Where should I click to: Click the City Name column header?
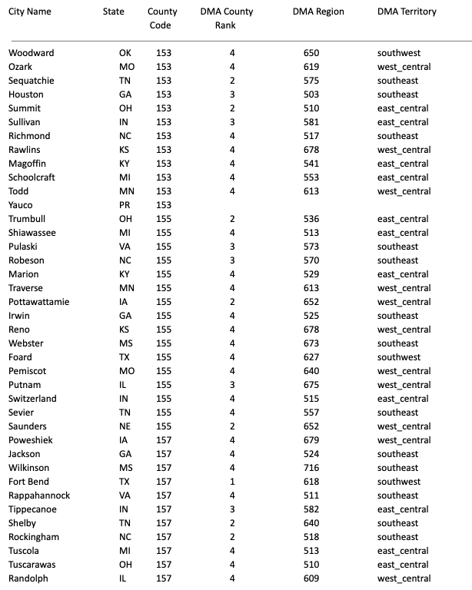tap(30, 12)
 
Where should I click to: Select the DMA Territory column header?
tap(407, 12)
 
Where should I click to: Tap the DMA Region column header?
tap(318, 12)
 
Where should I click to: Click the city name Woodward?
tap(32, 53)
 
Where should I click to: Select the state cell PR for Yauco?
tap(125, 205)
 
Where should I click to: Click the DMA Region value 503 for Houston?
tap(311, 94)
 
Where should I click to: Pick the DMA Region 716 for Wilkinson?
tap(311, 468)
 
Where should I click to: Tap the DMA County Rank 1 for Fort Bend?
tap(231, 482)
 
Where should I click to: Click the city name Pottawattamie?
tap(38, 302)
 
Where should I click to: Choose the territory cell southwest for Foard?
tap(398, 357)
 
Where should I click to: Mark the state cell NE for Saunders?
tap(125, 426)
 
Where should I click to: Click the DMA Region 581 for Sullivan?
tap(311, 122)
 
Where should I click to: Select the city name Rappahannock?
tap(39, 496)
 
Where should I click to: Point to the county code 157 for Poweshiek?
tap(164, 440)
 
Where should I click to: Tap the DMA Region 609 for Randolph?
tap(311, 578)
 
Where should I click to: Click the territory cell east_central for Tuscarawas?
tap(403, 565)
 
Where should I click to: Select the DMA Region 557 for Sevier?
tap(311, 413)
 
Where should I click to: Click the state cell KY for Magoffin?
tap(125, 164)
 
